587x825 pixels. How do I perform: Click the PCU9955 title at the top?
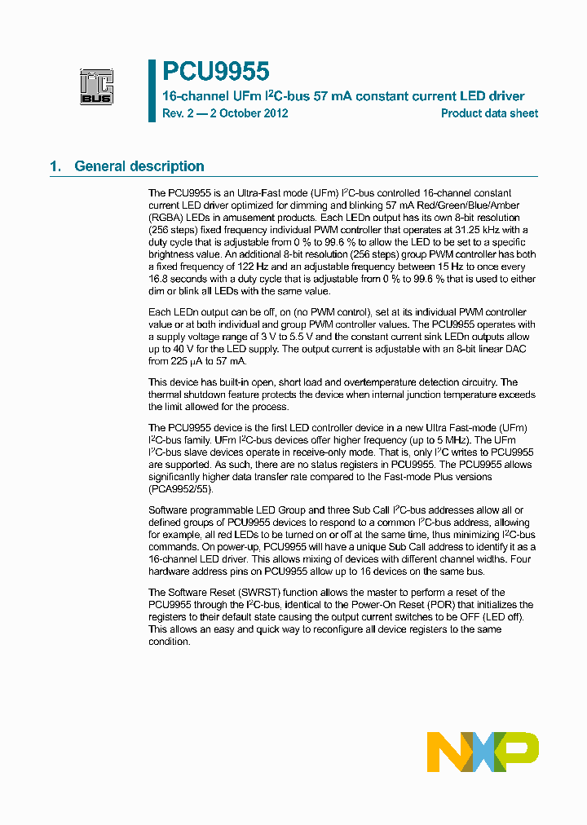(x=216, y=72)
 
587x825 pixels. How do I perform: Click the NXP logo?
(x=483, y=751)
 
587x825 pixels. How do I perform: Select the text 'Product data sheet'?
(x=489, y=113)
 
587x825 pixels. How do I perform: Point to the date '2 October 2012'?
(x=249, y=113)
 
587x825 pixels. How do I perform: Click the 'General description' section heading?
(x=139, y=166)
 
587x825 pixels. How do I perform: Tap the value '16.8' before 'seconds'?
(x=159, y=279)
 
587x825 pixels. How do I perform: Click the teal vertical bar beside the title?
(x=151, y=90)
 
